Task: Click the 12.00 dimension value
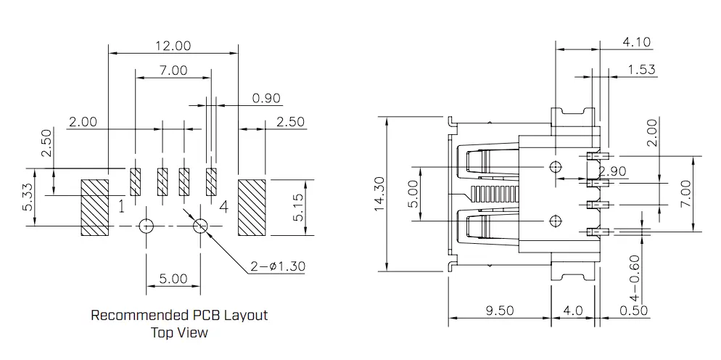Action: pyautogui.click(x=173, y=46)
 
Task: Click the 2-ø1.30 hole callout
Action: pyautogui.click(x=278, y=266)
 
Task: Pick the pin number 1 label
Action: pyautogui.click(x=122, y=208)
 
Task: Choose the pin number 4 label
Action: pyautogui.click(x=223, y=208)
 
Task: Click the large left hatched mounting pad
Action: pyautogui.click(x=94, y=207)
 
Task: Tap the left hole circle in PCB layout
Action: pyautogui.click(x=147, y=226)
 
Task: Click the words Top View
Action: pyautogui.click(x=179, y=333)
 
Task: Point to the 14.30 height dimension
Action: pyautogui.click(x=378, y=193)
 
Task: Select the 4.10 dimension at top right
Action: pyautogui.click(x=636, y=42)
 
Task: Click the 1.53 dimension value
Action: pyautogui.click(x=641, y=70)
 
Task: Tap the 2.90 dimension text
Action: pyautogui.click(x=613, y=171)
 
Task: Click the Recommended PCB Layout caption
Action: pyautogui.click(x=179, y=316)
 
